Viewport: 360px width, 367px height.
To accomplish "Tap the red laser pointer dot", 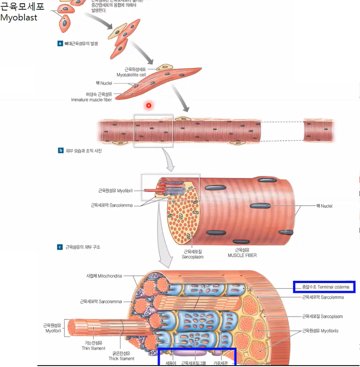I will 149,106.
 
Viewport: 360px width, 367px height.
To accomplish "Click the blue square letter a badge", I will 60,43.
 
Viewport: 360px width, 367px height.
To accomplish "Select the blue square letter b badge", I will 60,150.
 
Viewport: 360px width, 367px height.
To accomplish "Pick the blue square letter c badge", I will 60,247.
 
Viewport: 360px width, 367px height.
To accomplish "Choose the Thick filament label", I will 121,356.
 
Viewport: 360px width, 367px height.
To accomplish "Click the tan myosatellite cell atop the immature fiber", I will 164,68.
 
